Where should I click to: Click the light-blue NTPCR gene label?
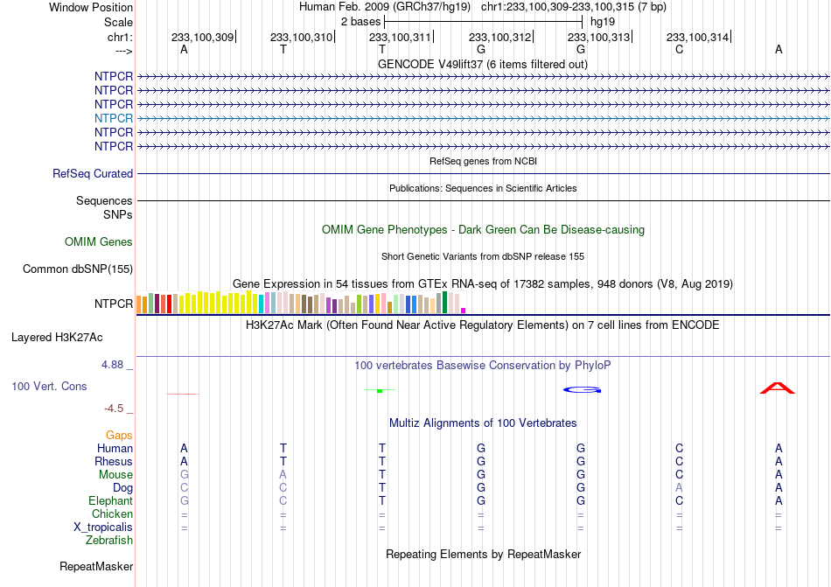point(114,118)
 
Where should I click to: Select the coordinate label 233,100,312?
point(499,37)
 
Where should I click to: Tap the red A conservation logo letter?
point(778,388)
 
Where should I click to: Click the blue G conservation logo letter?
point(582,390)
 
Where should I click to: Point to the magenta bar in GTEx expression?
point(464,311)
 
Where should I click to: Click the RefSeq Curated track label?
point(93,174)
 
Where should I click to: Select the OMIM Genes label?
point(99,242)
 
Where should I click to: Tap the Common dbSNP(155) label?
point(78,269)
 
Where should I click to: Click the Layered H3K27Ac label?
point(57,338)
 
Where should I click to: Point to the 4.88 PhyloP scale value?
point(112,365)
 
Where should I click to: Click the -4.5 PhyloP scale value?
point(114,408)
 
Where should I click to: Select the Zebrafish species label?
point(109,541)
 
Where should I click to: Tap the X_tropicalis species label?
point(103,528)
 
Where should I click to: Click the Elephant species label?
point(111,500)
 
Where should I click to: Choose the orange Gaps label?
point(119,435)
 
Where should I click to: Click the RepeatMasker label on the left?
point(96,566)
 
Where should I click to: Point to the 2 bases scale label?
point(360,22)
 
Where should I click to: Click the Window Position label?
point(91,7)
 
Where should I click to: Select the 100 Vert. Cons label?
point(49,386)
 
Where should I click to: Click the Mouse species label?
point(115,475)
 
